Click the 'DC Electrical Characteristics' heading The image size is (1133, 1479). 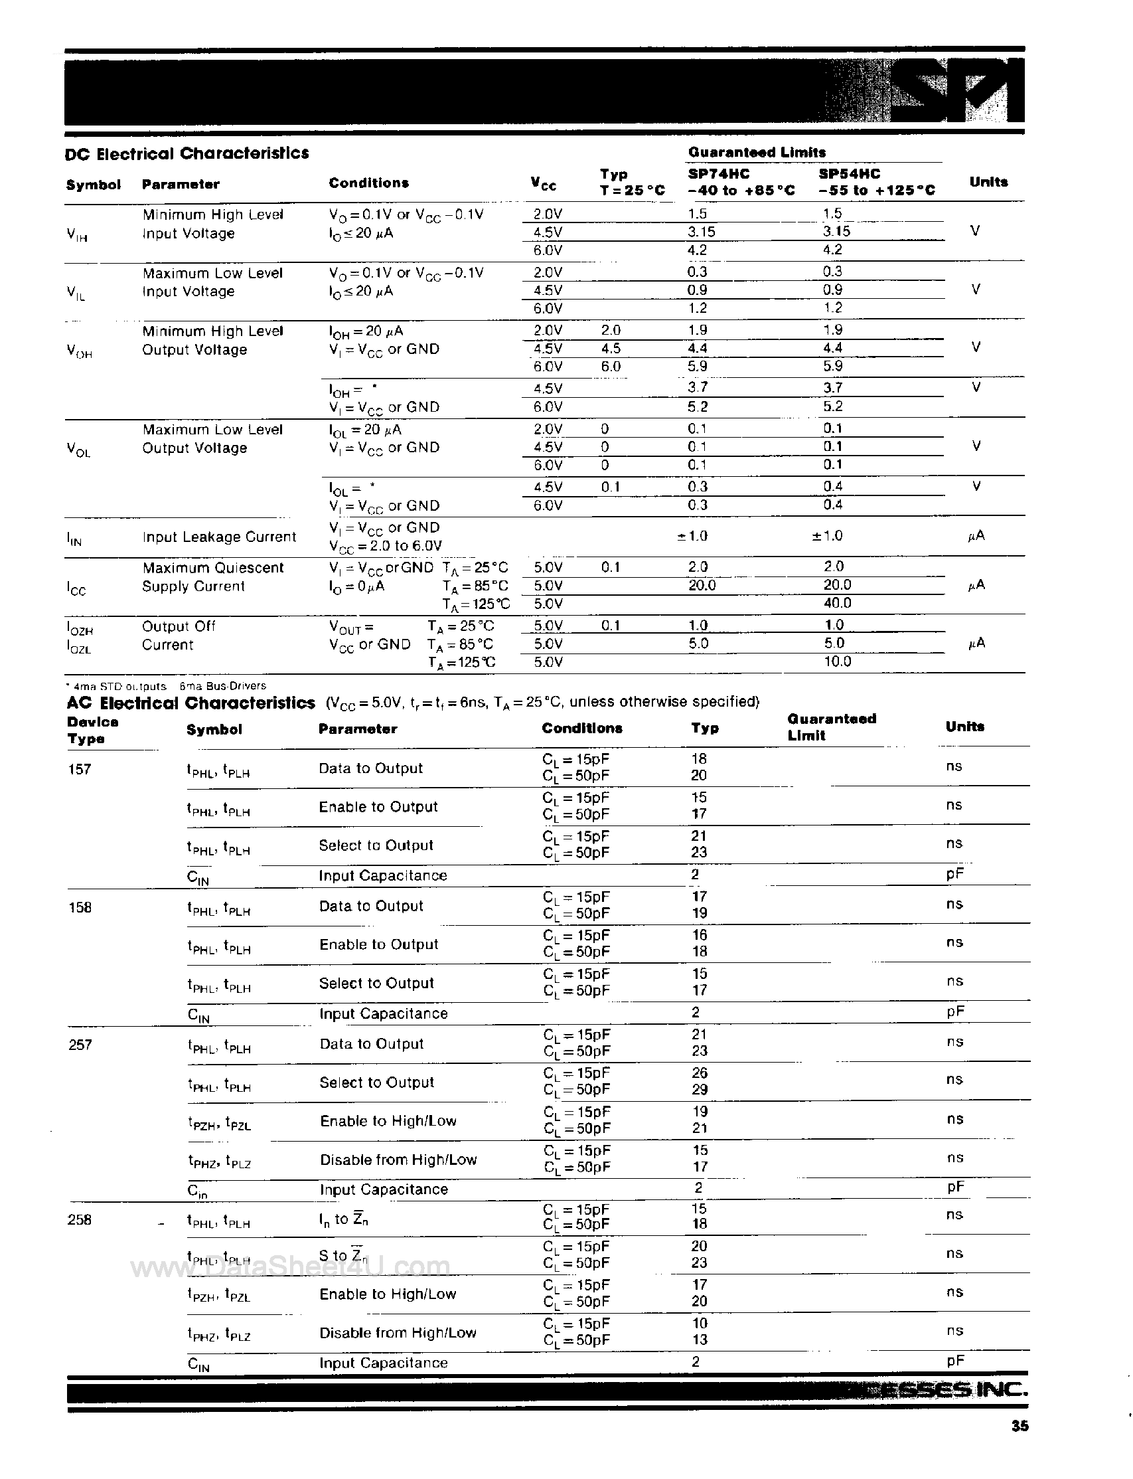coord(187,153)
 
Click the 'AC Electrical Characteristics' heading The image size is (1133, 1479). coord(191,703)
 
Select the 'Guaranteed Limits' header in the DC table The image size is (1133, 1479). coord(757,152)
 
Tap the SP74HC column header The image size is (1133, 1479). coord(718,173)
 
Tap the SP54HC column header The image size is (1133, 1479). coord(849,173)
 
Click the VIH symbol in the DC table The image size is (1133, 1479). coord(77,235)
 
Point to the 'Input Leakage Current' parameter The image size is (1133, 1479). coord(219,537)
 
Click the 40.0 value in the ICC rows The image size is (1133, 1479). coord(837,602)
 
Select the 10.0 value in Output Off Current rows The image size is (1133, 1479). coord(837,661)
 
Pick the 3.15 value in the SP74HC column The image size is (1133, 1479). coord(702,231)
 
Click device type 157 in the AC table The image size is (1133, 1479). coord(80,769)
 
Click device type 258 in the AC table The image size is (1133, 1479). coord(80,1219)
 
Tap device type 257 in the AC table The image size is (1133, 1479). coord(80,1045)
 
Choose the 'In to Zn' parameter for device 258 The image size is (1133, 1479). coord(343,1219)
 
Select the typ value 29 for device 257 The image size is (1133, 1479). coord(700,1089)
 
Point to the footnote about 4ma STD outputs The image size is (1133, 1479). coord(118,686)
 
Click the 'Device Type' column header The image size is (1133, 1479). coord(92,730)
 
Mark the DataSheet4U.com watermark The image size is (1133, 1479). coord(290,1267)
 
